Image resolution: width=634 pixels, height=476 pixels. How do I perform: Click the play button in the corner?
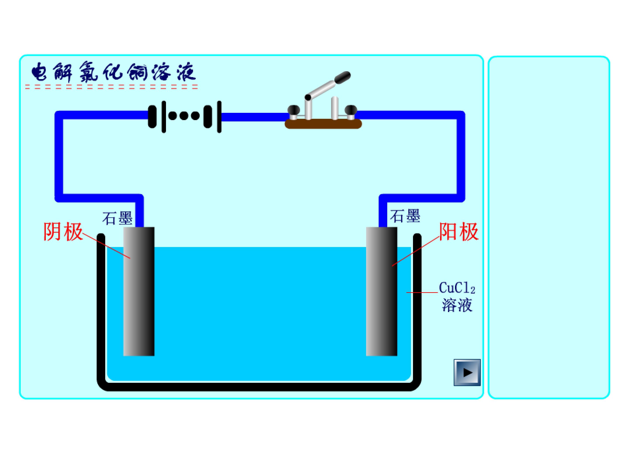467,372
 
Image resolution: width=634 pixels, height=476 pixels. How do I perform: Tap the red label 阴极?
63,232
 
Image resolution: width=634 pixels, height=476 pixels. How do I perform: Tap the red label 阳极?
459,232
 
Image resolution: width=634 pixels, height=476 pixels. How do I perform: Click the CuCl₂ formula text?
457,288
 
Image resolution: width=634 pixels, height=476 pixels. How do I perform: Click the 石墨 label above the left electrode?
118,218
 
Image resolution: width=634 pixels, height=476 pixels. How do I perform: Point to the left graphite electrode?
139,292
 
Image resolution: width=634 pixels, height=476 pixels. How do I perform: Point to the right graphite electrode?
382,292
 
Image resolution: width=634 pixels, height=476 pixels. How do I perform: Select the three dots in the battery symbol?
184,116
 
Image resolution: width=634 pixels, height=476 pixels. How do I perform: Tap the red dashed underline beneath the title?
111,87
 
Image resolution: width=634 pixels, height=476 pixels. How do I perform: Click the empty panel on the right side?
549,227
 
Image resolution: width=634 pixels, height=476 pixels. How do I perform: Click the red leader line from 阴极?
106,246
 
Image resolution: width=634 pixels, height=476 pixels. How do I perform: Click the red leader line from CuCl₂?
422,293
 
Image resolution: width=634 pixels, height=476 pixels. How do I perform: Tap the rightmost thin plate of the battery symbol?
219,117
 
